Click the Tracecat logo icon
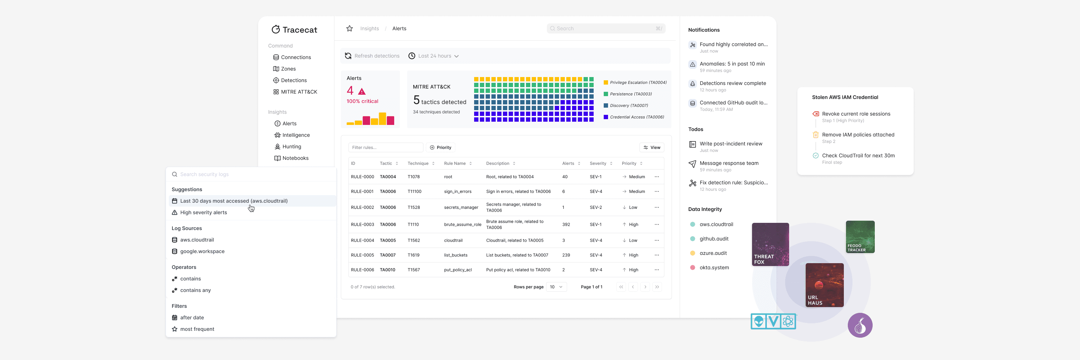coord(275,29)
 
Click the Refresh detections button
coord(372,56)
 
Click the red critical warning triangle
coord(362,91)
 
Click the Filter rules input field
coord(385,148)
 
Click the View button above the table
coord(652,148)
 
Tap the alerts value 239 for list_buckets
coord(566,255)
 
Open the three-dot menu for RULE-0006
coord(657,270)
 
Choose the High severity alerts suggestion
coord(203,212)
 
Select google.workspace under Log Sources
coord(202,251)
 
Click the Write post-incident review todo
coord(730,144)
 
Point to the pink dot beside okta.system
coord(693,267)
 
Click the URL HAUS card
coord(824,285)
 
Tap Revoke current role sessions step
coord(856,114)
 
